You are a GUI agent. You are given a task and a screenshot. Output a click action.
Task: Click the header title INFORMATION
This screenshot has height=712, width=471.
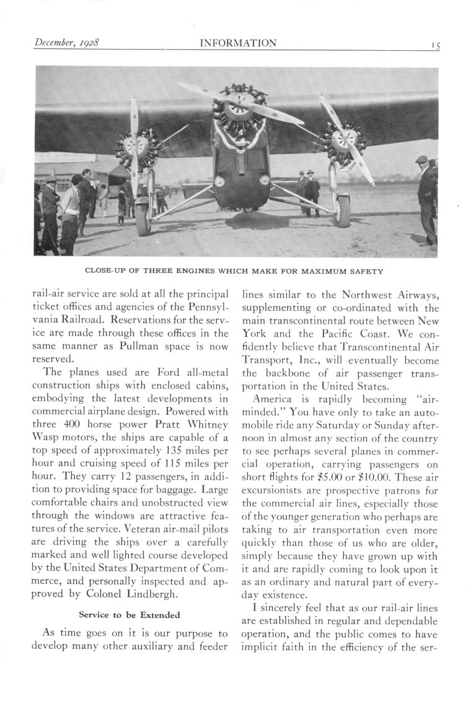coord(238,43)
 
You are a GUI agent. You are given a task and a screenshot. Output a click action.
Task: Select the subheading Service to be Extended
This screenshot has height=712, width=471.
coord(130,615)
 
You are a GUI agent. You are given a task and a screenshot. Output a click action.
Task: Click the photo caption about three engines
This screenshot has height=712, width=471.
coord(234,271)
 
